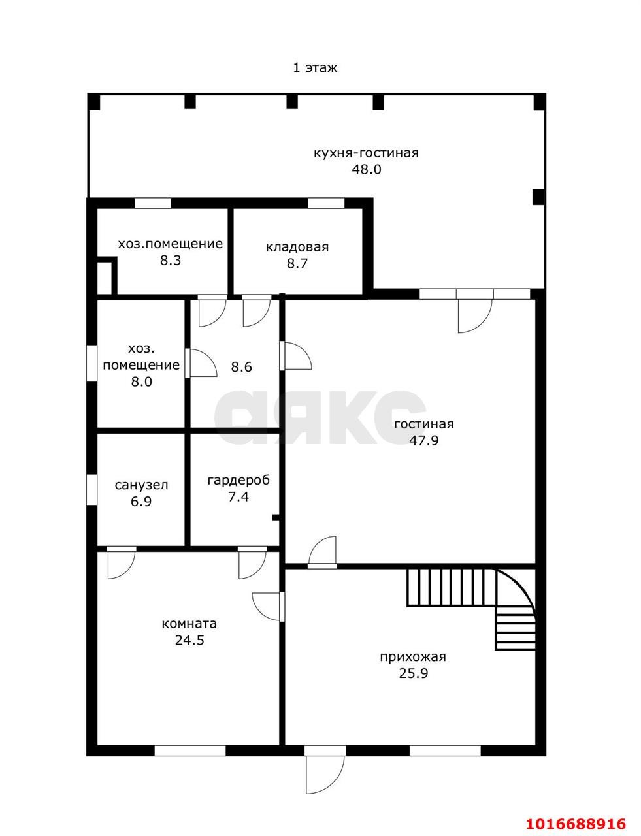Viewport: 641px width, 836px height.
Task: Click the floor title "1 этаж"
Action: point(315,68)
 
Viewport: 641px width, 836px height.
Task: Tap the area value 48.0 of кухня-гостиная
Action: point(366,169)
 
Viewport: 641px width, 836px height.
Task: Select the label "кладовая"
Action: point(297,247)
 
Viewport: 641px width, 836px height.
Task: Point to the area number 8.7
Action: point(297,263)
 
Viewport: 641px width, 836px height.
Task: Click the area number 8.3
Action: point(171,261)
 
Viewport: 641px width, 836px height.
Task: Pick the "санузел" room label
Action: point(141,485)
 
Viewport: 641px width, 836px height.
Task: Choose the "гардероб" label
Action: point(238,481)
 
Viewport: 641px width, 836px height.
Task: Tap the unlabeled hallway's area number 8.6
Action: point(241,366)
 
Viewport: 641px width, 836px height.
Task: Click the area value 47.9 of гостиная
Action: point(423,440)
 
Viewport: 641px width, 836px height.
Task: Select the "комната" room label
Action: point(189,624)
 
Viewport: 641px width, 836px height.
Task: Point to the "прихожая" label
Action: point(413,657)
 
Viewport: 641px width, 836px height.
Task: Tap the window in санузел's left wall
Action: point(91,489)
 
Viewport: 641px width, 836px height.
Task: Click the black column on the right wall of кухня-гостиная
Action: point(538,197)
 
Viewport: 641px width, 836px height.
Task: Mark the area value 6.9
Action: point(141,502)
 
